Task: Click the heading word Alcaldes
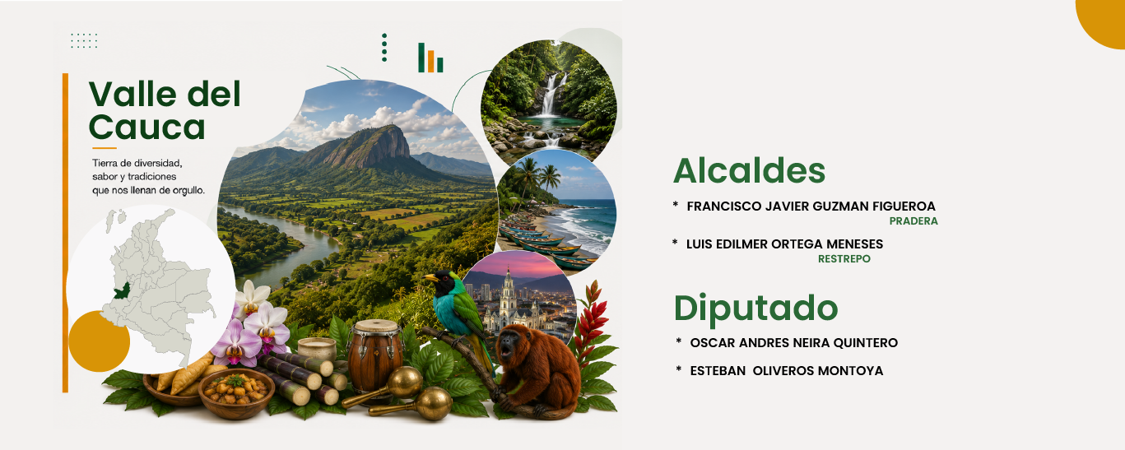pyautogui.click(x=749, y=171)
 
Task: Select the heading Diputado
pyautogui.click(x=755, y=308)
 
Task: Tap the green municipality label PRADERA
pyautogui.click(x=913, y=221)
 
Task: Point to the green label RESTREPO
pyautogui.click(x=844, y=259)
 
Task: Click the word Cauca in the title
pyautogui.click(x=147, y=128)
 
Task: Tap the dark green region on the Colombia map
pyautogui.click(x=122, y=290)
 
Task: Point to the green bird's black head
pyautogui.click(x=444, y=282)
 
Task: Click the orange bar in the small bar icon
pyautogui.click(x=430, y=61)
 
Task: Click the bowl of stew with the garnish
pyautogui.click(x=236, y=393)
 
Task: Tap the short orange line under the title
pyautogui.click(x=105, y=148)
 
